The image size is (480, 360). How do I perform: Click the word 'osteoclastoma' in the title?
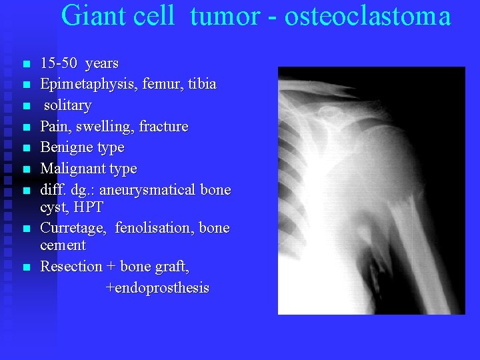367,16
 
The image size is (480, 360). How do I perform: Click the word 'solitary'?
67,105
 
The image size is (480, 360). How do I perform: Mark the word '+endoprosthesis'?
157,288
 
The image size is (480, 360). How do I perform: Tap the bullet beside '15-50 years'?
26,65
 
